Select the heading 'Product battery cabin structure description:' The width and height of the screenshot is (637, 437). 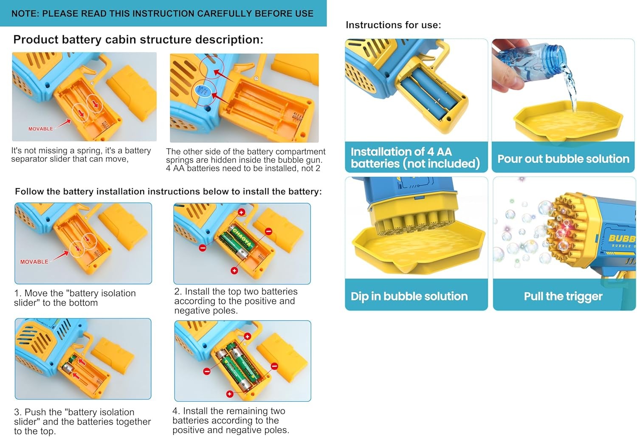point(138,39)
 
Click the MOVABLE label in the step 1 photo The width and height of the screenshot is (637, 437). point(34,262)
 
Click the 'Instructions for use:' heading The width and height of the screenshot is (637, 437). point(393,25)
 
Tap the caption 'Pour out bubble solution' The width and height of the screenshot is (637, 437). point(564,159)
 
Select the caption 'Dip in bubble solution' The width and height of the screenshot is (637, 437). point(409,296)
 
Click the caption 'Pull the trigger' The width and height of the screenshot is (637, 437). point(563,296)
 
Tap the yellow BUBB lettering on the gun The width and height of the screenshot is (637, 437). point(622,238)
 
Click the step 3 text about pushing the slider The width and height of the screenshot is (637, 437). point(82,421)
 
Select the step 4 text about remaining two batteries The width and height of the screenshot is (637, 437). point(231,420)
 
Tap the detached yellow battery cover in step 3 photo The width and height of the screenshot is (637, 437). point(113,355)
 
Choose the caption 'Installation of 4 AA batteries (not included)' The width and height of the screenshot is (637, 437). point(415,158)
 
